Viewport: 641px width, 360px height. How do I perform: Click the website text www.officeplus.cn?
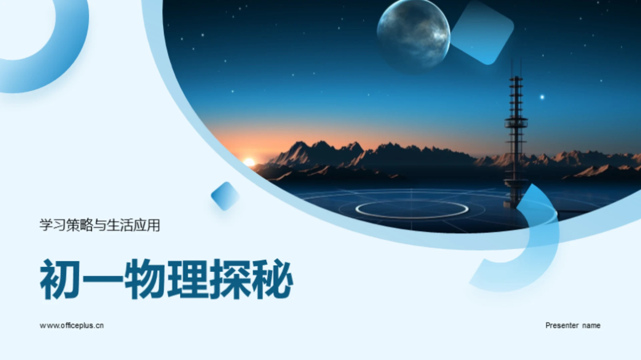71,325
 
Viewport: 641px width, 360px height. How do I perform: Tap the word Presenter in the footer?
562,325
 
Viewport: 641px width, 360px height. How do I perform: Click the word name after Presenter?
591,325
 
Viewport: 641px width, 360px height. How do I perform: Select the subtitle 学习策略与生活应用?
99,225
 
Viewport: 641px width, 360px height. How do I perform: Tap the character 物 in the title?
144,279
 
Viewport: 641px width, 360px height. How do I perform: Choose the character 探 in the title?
230,279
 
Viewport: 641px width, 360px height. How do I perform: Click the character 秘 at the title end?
272,279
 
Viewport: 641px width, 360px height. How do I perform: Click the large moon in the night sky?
413,35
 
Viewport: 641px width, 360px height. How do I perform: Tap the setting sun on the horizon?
249,162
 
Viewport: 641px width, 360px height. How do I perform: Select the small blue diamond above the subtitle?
225,196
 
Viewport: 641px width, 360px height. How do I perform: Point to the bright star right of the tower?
542,97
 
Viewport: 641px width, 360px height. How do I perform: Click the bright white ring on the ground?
412,209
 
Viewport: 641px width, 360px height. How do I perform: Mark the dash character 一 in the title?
102,279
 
